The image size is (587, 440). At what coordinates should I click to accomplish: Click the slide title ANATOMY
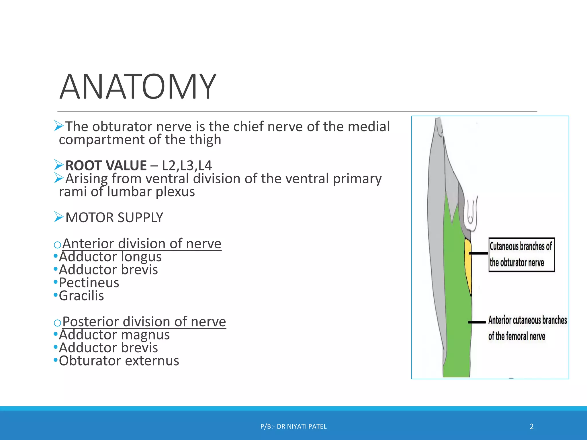coord(138,87)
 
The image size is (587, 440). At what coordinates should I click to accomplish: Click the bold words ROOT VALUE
coord(106,166)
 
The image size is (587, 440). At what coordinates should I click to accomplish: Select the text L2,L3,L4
coord(187,166)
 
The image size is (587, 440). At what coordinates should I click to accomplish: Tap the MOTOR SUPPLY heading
coord(114,218)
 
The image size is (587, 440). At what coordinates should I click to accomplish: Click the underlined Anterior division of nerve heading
coord(142,244)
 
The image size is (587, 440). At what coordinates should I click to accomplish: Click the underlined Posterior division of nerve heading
coord(144,322)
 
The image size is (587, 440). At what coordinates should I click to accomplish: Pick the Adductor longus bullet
coord(110,257)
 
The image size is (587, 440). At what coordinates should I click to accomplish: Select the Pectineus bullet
coord(89,283)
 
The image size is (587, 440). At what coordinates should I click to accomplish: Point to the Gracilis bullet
coord(81,296)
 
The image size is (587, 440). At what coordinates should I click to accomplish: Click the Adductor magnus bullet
coord(114,335)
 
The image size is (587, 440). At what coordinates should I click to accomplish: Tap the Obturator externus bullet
coord(119,361)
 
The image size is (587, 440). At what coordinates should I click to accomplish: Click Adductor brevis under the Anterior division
coord(108,270)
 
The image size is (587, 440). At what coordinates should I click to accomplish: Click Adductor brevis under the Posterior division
coord(108,348)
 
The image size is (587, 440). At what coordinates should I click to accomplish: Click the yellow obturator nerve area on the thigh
coord(468,266)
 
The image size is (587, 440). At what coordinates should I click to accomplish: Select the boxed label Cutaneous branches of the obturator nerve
coord(521,255)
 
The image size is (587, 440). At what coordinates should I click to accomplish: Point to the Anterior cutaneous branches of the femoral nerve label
coord(527,328)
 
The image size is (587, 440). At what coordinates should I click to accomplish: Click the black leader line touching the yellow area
coord(478,254)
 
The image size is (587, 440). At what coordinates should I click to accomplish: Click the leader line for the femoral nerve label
coord(477,322)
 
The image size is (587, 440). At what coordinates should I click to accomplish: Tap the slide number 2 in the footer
coord(532,427)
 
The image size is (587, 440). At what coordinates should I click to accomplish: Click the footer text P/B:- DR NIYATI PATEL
coord(293,427)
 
